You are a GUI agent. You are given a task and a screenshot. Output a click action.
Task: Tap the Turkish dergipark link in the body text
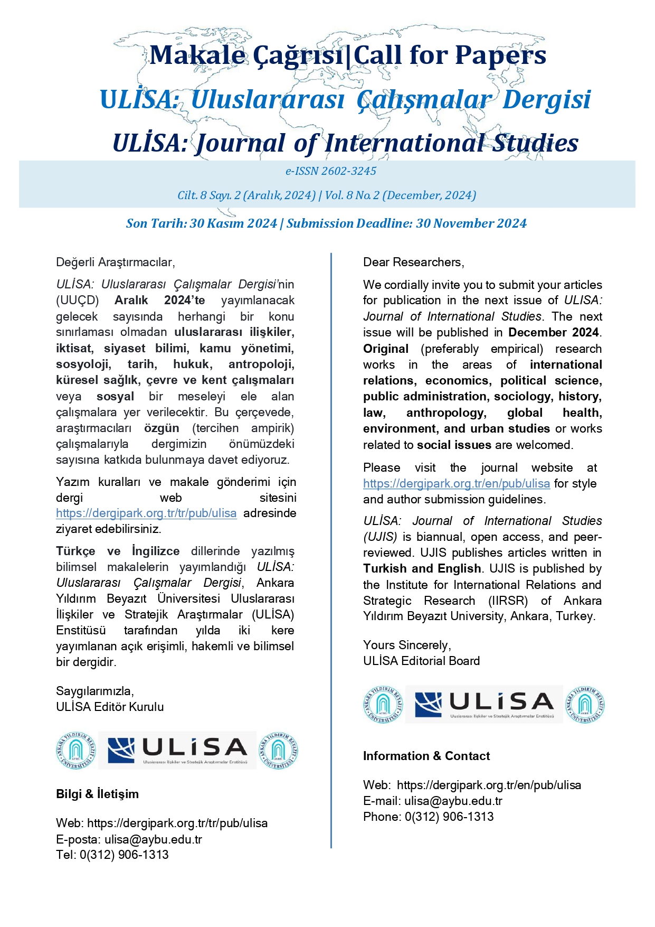point(146,513)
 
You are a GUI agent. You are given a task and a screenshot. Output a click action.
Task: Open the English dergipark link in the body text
point(456,484)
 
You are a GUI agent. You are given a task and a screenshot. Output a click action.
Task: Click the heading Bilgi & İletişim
point(97,794)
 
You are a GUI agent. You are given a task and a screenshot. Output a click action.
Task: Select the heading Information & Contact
point(426,756)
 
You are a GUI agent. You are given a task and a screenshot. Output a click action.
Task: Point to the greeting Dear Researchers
point(413,263)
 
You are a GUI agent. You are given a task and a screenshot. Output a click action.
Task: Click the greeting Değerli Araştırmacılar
point(115,263)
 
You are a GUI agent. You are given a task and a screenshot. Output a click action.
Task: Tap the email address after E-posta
point(153,839)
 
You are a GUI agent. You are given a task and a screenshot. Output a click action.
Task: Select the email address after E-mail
point(453,801)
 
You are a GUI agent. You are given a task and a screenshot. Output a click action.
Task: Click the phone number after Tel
point(124,855)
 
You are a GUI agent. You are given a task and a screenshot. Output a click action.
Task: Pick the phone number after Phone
point(449,817)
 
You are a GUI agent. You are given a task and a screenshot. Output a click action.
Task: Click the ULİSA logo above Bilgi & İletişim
point(177,750)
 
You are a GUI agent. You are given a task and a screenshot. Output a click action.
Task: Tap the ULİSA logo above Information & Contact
point(483,705)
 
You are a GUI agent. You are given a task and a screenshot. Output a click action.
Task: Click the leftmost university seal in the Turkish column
point(77,750)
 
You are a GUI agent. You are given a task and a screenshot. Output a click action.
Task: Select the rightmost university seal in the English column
point(585,705)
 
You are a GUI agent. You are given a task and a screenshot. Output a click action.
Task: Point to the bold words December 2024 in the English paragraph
point(554,333)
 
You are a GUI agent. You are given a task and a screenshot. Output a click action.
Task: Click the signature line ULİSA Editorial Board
point(421,661)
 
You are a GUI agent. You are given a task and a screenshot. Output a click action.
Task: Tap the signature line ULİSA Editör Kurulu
point(110,707)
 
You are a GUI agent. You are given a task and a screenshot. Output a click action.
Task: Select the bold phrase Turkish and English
point(422,569)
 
